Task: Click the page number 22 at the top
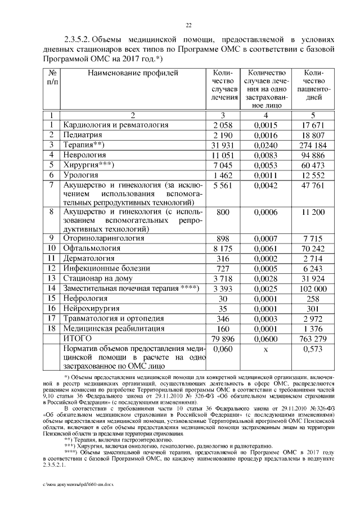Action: coord(189,25)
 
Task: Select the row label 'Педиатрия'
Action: coord(82,135)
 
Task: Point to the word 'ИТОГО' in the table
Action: coord(79,338)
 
